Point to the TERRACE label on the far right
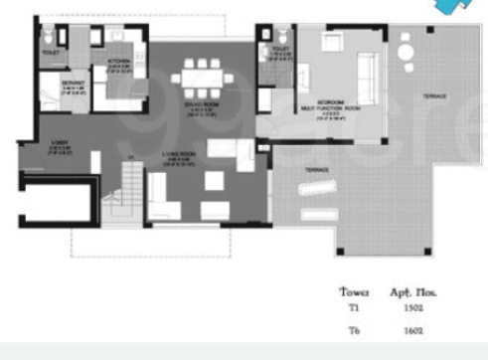[433, 95]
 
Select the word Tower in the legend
[354, 293]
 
